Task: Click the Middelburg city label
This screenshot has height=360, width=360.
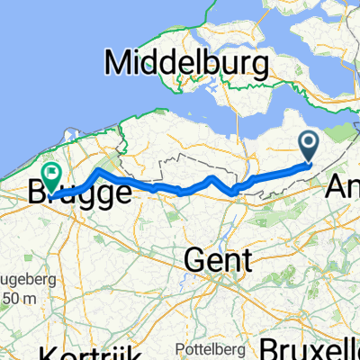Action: point(187,65)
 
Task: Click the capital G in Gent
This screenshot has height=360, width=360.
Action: point(195,261)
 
